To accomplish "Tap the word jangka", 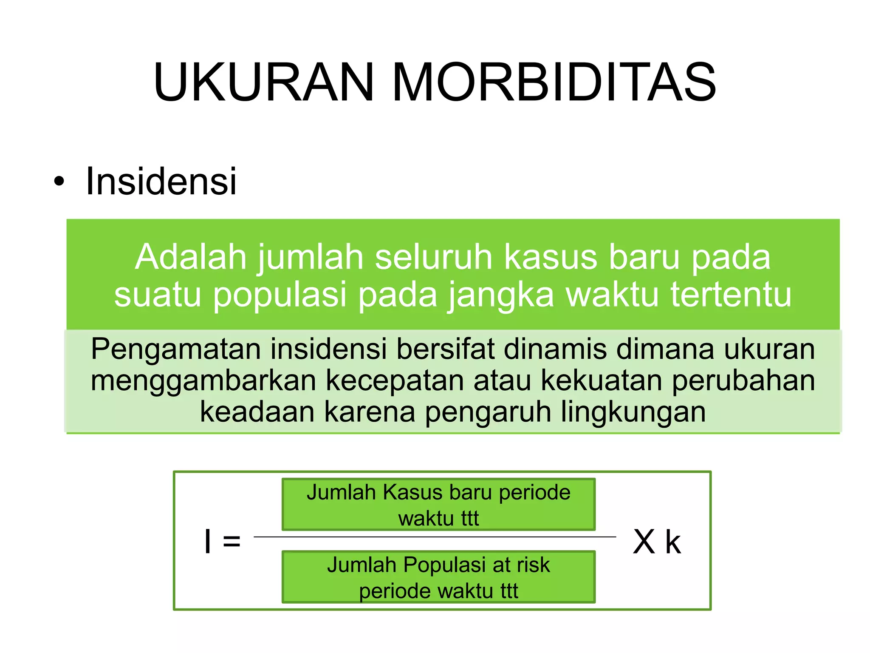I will (x=501, y=295).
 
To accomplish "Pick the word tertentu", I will (x=731, y=294).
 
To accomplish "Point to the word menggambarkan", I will (x=203, y=381).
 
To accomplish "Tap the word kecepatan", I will (x=395, y=381).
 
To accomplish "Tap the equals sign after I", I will (x=232, y=542).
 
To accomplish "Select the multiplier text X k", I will (x=656, y=542).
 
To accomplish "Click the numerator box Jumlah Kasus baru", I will (x=438, y=504).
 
